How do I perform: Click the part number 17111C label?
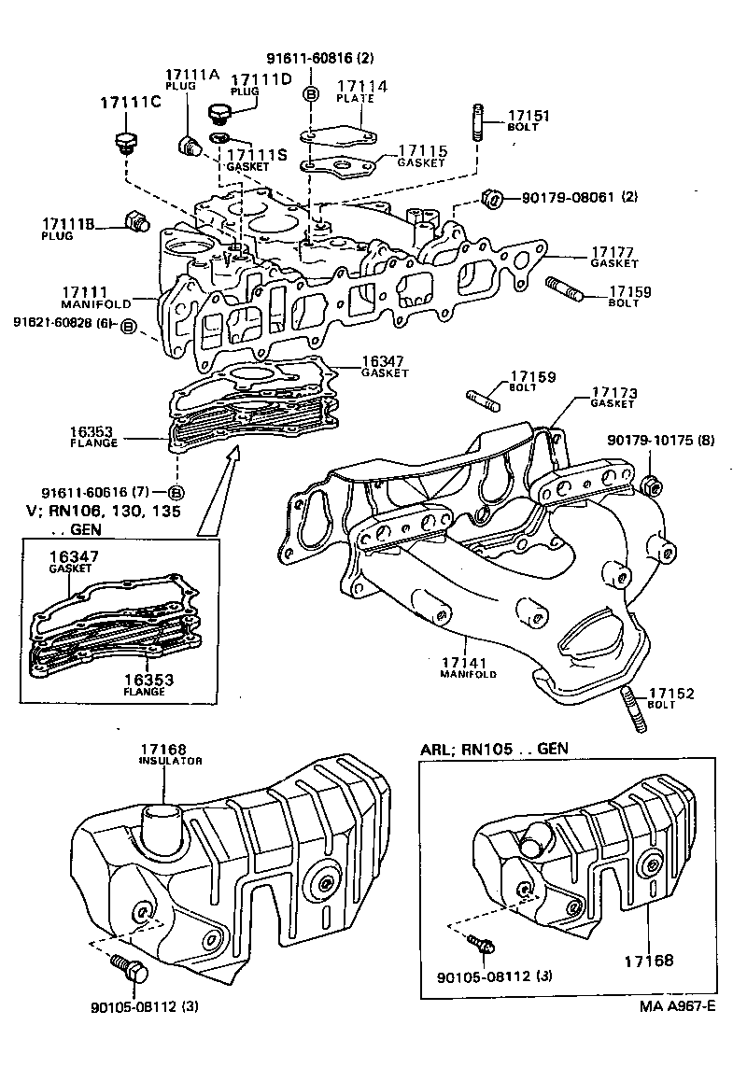[130, 102]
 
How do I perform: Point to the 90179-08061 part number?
[567, 197]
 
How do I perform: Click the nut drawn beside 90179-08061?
[493, 198]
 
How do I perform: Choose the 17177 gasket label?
[613, 251]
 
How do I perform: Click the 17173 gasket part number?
[613, 391]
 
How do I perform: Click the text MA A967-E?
[678, 1005]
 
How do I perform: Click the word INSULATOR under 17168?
[171, 761]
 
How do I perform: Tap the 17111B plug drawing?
[135, 223]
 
